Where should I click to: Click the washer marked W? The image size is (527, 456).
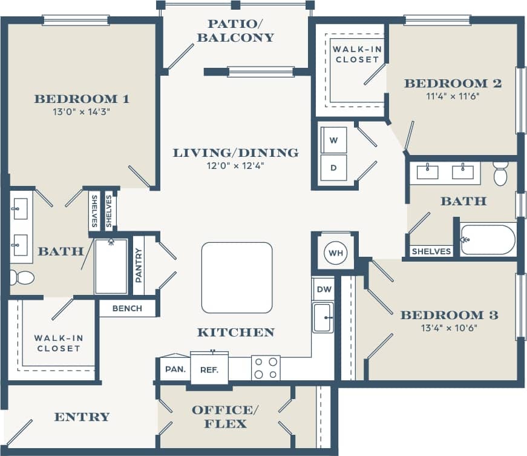(x=333, y=140)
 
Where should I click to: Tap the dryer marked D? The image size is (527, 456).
(x=333, y=167)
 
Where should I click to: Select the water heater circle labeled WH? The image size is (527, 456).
(x=335, y=252)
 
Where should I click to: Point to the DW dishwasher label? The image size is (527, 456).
(x=324, y=289)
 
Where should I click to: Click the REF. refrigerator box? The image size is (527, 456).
(x=209, y=369)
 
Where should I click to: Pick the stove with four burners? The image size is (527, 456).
(x=266, y=368)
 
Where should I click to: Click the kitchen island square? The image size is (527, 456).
(x=237, y=277)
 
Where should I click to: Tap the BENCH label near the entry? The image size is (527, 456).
(x=128, y=308)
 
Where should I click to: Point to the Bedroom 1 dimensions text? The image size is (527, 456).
(x=82, y=111)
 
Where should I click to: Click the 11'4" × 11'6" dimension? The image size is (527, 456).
(x=453, y=96)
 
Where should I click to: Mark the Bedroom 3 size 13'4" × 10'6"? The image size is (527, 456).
(x=449, y=328)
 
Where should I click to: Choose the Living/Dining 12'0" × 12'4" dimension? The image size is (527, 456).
(x=235, y=165)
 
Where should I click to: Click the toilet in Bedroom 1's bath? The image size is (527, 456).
(x=22, y=278)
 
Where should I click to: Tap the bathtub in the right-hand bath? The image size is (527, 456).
(x=488, y=240)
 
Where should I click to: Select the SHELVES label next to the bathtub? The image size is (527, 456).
(x=431, y=251)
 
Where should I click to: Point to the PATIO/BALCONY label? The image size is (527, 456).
(x=240, y=31)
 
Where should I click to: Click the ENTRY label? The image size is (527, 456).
(x=82, y=417)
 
